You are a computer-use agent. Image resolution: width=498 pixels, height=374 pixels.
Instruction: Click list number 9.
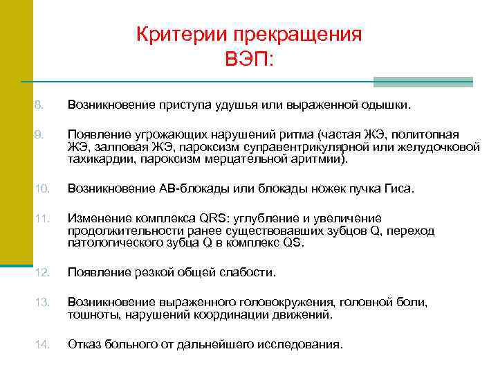[x=39, y=134]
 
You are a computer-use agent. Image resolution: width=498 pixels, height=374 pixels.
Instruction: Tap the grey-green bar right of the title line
[x=423, y=82]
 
